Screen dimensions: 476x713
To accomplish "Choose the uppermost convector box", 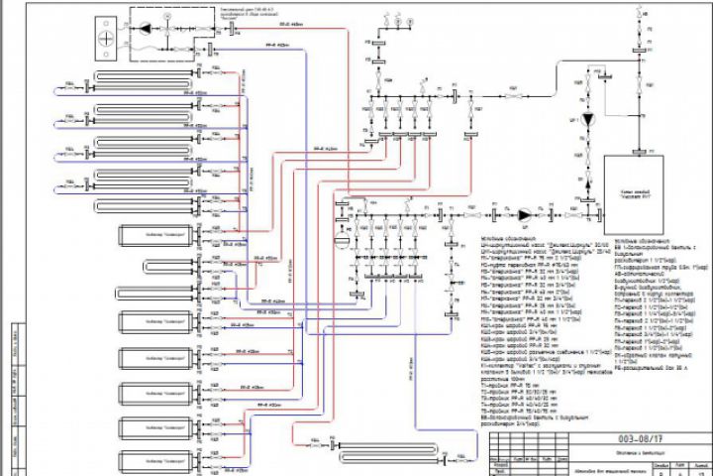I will click(157, 234).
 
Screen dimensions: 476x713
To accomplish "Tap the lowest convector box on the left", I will click(157, 459).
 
